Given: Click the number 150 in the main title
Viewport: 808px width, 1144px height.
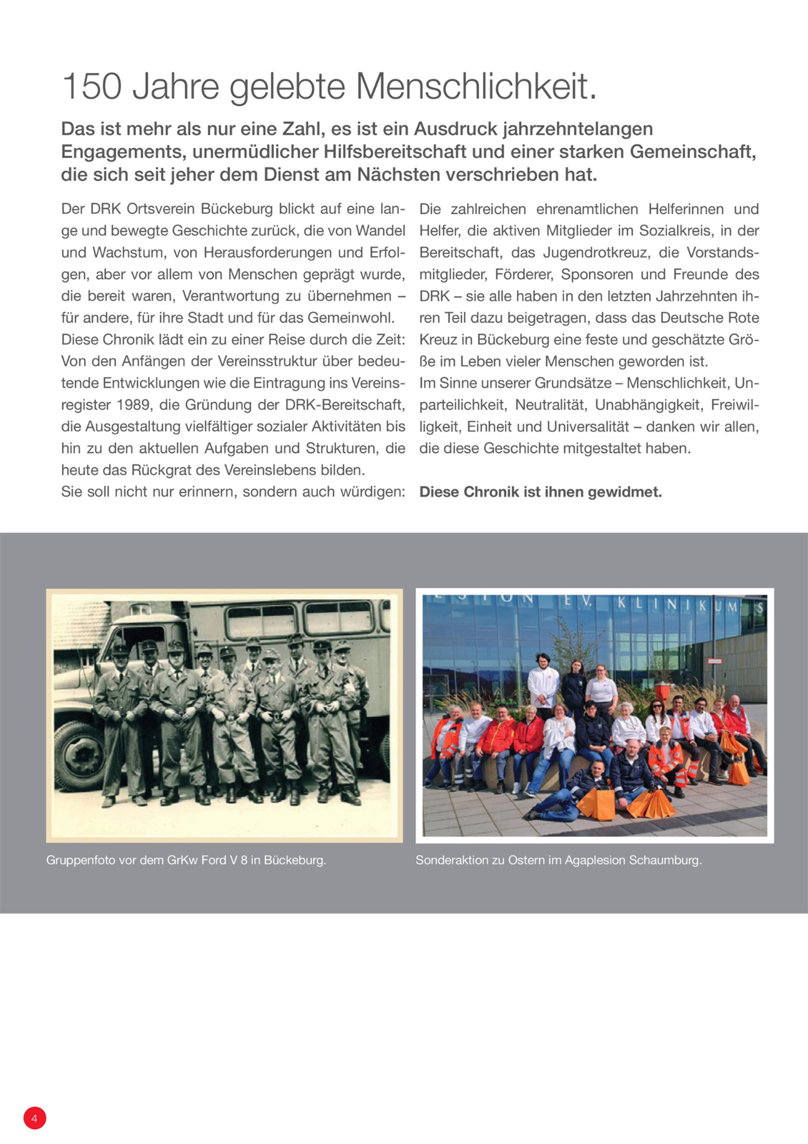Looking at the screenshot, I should (x=92, y=86).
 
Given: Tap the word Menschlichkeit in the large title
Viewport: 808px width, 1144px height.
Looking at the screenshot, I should (x=476, y=86).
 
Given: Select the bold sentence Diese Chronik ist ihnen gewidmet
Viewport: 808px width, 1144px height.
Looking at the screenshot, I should (x=540, y=492).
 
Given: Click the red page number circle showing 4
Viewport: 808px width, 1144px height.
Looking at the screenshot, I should (x=35, y=1118).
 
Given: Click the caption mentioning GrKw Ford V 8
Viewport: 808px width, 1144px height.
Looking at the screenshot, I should (x=186, y=860).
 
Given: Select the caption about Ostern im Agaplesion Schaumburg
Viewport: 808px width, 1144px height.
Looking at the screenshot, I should (x=558, y=860).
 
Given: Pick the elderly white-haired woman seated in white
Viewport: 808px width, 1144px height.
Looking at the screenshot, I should (x=627, y=724).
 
